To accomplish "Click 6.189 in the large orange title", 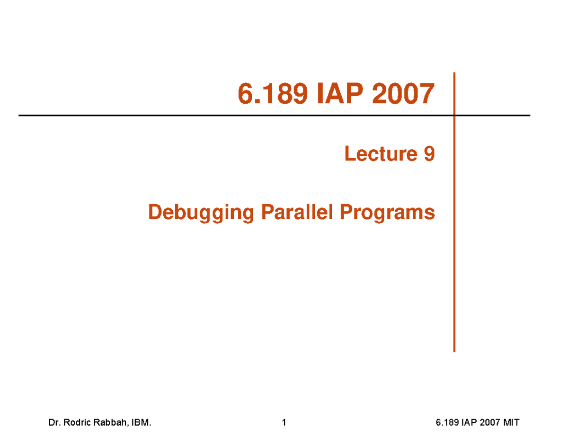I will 268,94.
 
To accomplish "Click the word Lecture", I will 377,154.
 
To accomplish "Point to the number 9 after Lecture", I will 428,154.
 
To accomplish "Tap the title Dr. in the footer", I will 54,423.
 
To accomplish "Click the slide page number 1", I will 284,423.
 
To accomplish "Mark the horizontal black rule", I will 189,115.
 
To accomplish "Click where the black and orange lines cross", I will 454,115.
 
